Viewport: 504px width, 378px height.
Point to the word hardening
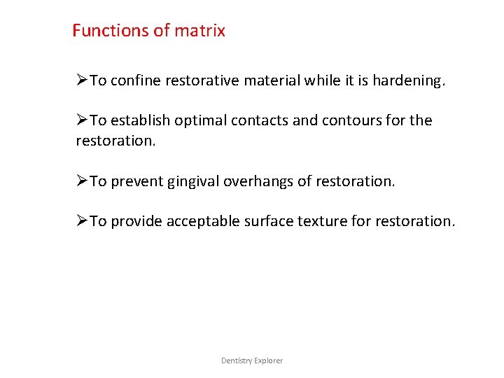pyautogui.click(x=408, y=80)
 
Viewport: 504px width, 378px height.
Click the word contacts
pyautogui.click(x=259, y=120)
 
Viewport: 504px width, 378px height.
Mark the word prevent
pyautogui.click(x=136, y=182)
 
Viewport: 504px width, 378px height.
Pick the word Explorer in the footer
pyautogui.click(x=269, y=360)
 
